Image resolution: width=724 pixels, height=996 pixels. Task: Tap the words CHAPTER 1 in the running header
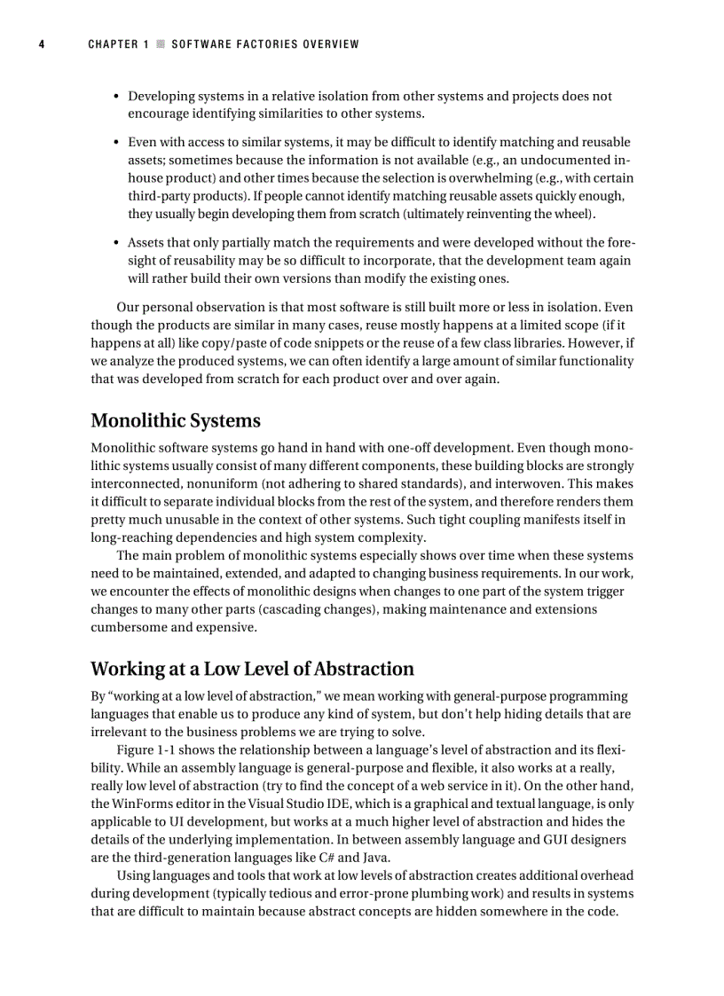118,44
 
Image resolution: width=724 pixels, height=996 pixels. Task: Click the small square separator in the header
161,44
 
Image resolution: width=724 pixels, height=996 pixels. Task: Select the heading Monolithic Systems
176,420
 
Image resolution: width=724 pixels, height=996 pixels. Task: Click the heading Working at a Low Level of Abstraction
252,669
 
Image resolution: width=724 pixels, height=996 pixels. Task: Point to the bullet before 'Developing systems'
116,97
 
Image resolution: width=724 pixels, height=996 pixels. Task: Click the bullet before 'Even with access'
116,143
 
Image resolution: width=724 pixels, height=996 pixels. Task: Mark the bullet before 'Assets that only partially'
116,243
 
